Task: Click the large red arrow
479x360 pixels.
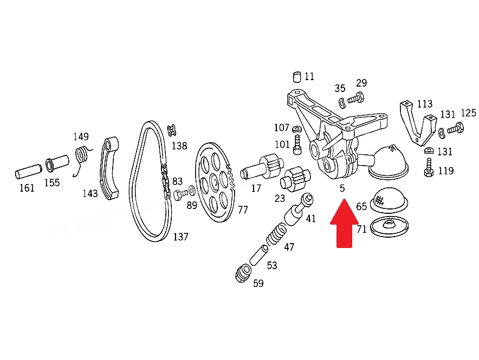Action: tap(344, 224)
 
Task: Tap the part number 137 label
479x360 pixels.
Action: tap(180, 237)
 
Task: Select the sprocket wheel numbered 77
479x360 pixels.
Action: tap(215, 182)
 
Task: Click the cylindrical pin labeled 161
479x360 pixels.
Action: tap(28, 172)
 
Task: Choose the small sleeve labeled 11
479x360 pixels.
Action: tap(297, 77)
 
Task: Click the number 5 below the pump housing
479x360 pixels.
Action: tap(342, 188)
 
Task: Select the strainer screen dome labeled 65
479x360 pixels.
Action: tap(389, 200)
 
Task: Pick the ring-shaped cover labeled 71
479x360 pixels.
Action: tap(389, 227)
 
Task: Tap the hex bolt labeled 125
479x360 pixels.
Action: tap(456, 128)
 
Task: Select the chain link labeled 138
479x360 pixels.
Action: tap(171, 130)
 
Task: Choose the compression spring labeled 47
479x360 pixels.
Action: tap(277, 234)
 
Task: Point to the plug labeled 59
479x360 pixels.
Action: tap(243, 274)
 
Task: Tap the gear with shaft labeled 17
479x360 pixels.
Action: tap(261, 168)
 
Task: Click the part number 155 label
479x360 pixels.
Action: tap(51, 183)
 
